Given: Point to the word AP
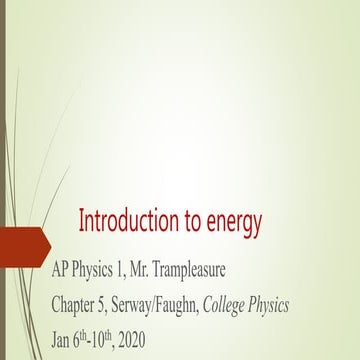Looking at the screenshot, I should pos(63,272).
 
